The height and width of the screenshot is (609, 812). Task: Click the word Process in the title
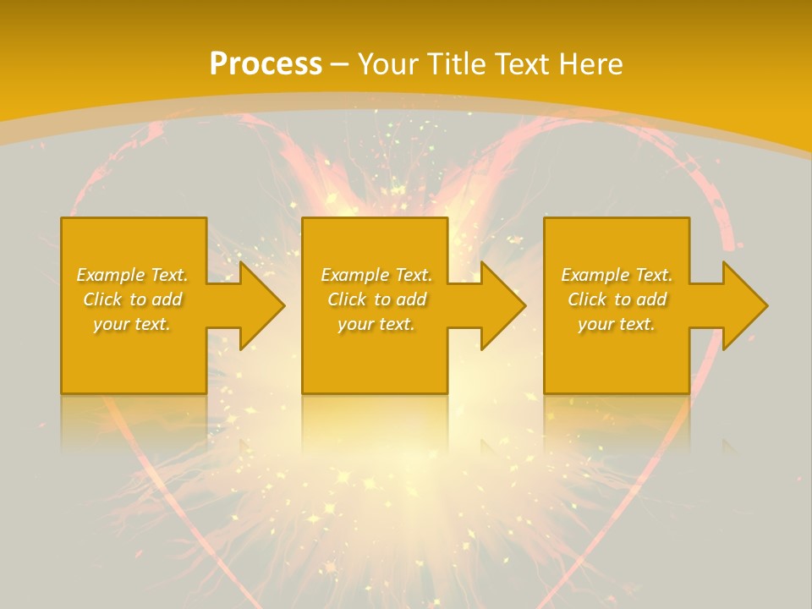[266, 64]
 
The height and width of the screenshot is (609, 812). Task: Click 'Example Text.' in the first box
[133, 275]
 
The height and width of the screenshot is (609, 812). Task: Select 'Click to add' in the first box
[133, 299]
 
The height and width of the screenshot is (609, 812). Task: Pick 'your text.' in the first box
[133, 324]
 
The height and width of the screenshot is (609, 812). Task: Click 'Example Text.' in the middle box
[376, 275]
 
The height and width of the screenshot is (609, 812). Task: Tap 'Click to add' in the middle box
[376, 299]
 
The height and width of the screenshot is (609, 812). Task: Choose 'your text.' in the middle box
[376, 324]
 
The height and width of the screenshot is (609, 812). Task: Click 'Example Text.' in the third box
[617, 275]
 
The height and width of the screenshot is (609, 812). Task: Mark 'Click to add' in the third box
[617, 299]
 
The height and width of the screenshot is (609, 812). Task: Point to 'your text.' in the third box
[617, 324]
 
